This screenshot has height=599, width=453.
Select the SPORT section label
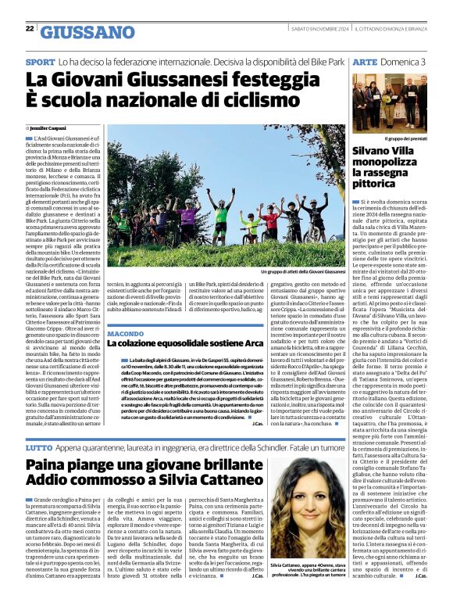(40, 61)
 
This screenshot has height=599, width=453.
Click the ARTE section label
(365, 61)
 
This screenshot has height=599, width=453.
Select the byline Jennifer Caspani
(48, 127)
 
